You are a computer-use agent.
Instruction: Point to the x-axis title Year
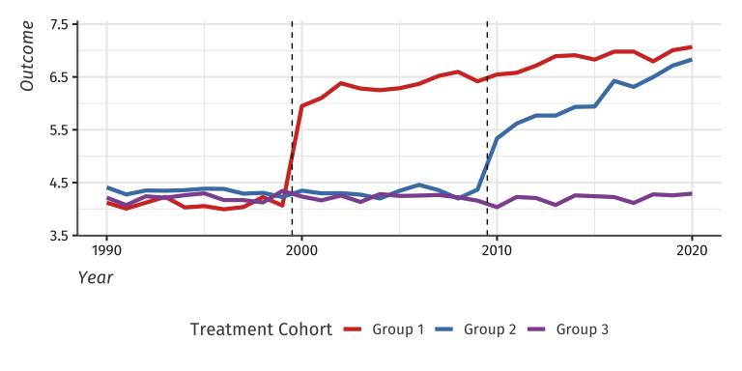(96, 278)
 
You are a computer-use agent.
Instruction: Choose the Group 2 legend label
(490, 329)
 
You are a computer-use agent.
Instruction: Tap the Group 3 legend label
(582, 329)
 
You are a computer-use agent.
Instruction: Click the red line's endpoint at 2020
(692, 47)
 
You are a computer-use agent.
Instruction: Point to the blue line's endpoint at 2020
(692, 60)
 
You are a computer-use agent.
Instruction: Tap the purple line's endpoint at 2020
(692, 194)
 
